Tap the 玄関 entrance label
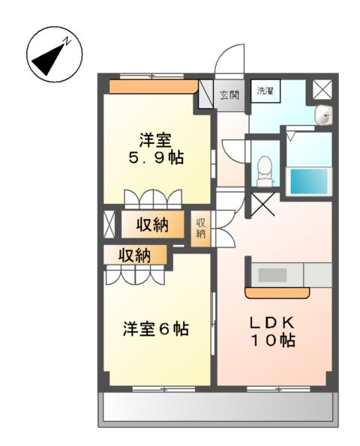[x=229, y=95]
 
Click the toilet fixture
[x=264, y=170]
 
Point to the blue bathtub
[x=310, y=181]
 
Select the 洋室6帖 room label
[x=155, y=328]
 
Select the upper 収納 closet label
[x=156, y=223]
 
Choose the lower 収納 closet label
[x=135, y=255]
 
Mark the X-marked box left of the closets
[x=109, y=224]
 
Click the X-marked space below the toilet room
[x=262, y=202]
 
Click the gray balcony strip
[x=217, y=409]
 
